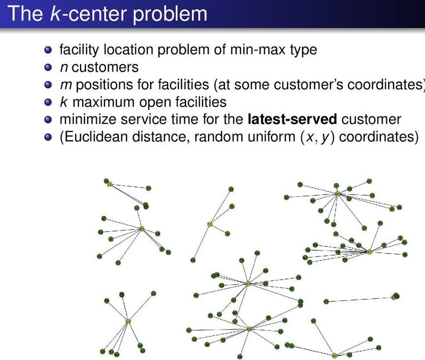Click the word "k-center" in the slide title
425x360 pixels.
[x=75, y=14]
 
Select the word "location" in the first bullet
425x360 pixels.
[x=126, y=50]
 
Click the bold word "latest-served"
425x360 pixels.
[x=293, y=119]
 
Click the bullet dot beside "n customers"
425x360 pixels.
[x=49, y=68]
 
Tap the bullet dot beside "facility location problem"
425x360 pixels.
[x=49, y=50]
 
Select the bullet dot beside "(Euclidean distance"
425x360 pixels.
[x=49, y=137]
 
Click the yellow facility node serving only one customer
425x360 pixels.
[x=395, y=297]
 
